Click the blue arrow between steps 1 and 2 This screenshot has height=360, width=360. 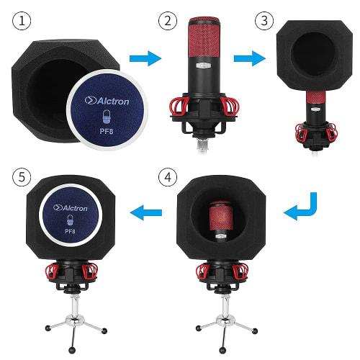point(148,58)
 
